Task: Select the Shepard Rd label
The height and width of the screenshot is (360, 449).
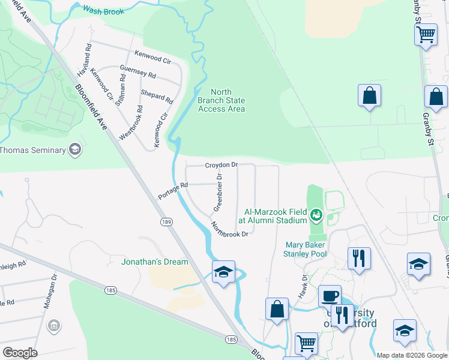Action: (x=157, y=96)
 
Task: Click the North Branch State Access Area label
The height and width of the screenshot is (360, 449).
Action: (x=221, y=101)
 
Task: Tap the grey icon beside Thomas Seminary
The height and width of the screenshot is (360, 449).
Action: (x=75, y=150)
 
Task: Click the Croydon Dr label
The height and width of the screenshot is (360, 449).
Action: (x=221, y=164)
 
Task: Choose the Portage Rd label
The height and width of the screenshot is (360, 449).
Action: (x=173, y=191)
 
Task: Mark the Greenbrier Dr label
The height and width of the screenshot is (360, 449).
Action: (x=218, y=192)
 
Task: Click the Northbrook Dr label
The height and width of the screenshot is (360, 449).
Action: (x=229, y=229)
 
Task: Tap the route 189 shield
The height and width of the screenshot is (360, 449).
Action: (x=167, y=222)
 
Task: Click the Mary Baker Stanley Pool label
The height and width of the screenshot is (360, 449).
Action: (x=305, y=249)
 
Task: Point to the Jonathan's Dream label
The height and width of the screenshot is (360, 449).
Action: (x=155, y=262)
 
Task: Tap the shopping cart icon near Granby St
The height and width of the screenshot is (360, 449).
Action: (x=426, y=34)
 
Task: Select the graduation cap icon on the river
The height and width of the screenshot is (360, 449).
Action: (x=223, y=272)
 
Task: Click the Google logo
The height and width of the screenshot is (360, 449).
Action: (x=20, y=353)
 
